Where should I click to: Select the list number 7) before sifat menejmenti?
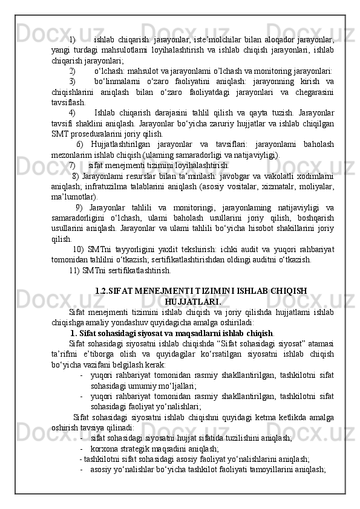tap(72, 164)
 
